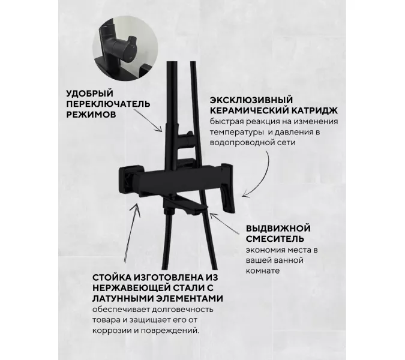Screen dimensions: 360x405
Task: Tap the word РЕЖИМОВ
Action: pos(89,114)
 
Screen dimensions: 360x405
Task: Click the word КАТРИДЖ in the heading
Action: pos(314,110)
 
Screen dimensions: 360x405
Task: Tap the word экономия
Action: pos(265,250)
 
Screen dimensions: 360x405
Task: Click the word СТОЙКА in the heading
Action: pos(112,277)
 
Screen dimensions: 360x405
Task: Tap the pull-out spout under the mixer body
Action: pos(192,208)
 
